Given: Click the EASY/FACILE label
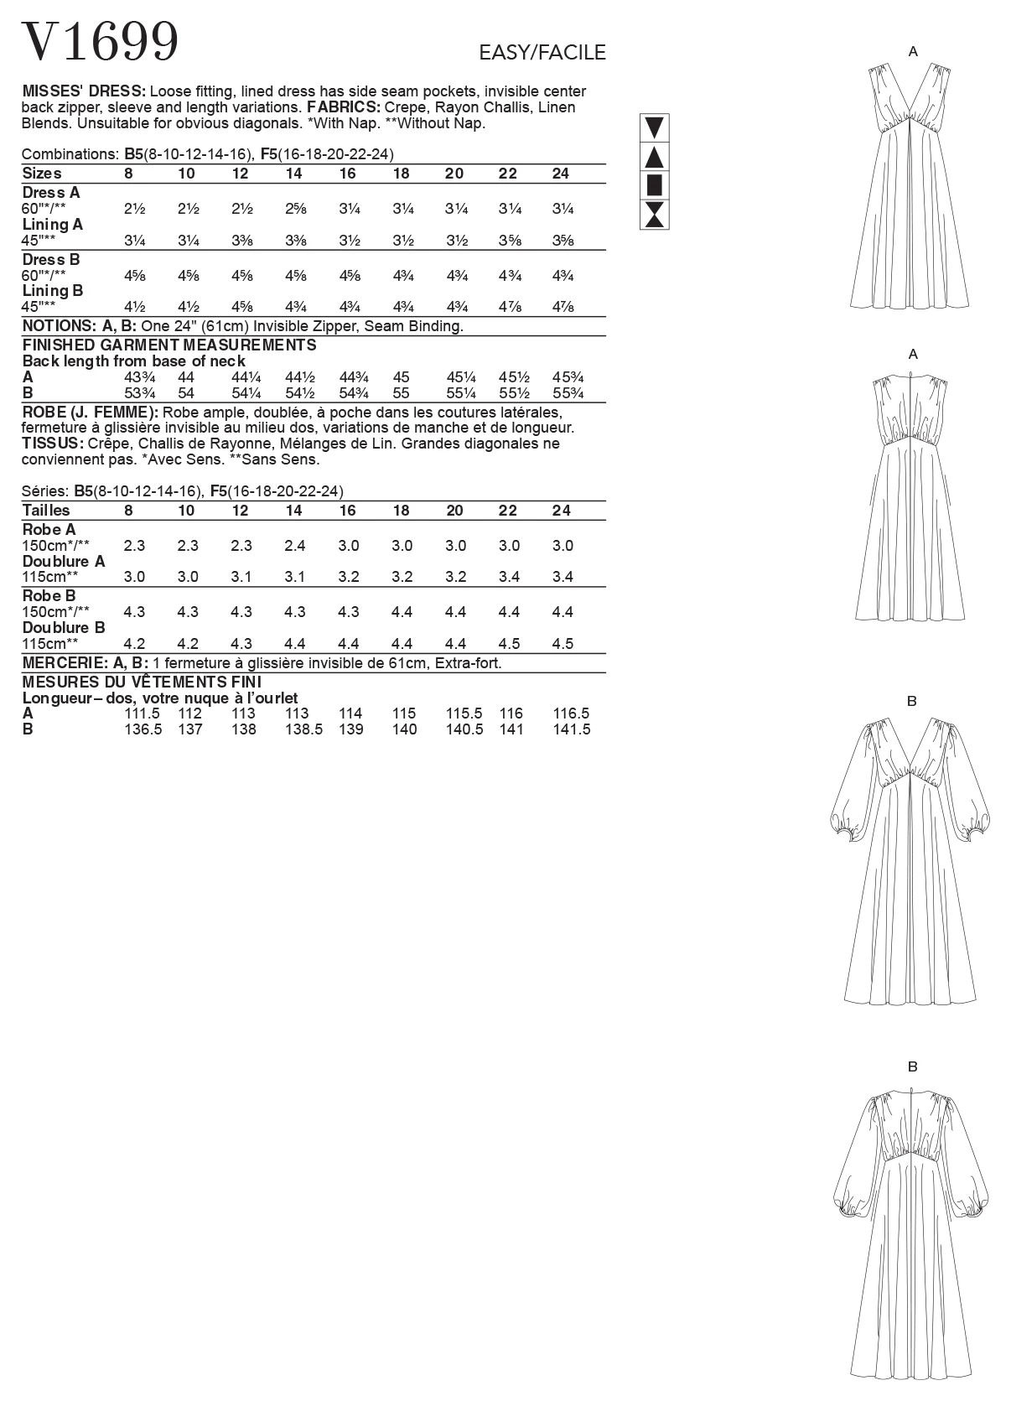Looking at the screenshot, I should point(542,53).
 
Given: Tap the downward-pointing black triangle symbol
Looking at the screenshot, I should point(654,128).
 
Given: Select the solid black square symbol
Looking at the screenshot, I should point(654,185).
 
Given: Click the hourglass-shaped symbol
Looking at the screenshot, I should point(654,215).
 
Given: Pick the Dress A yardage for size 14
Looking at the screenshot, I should point(293,209).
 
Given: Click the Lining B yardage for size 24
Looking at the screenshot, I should point(563,307).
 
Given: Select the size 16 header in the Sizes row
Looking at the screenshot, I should point(347,174).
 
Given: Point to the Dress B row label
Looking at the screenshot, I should point(51,259).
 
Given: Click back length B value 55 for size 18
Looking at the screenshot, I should point(401,393).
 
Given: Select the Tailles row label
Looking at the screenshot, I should point(46,511).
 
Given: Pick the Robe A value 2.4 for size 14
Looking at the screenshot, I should point(294,546).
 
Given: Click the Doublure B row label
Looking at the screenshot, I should point(64,628).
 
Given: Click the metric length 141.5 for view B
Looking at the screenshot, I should point(572,729).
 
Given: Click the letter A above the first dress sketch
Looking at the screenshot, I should point(913,52).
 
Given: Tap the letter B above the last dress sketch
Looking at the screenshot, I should point(912,1066).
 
